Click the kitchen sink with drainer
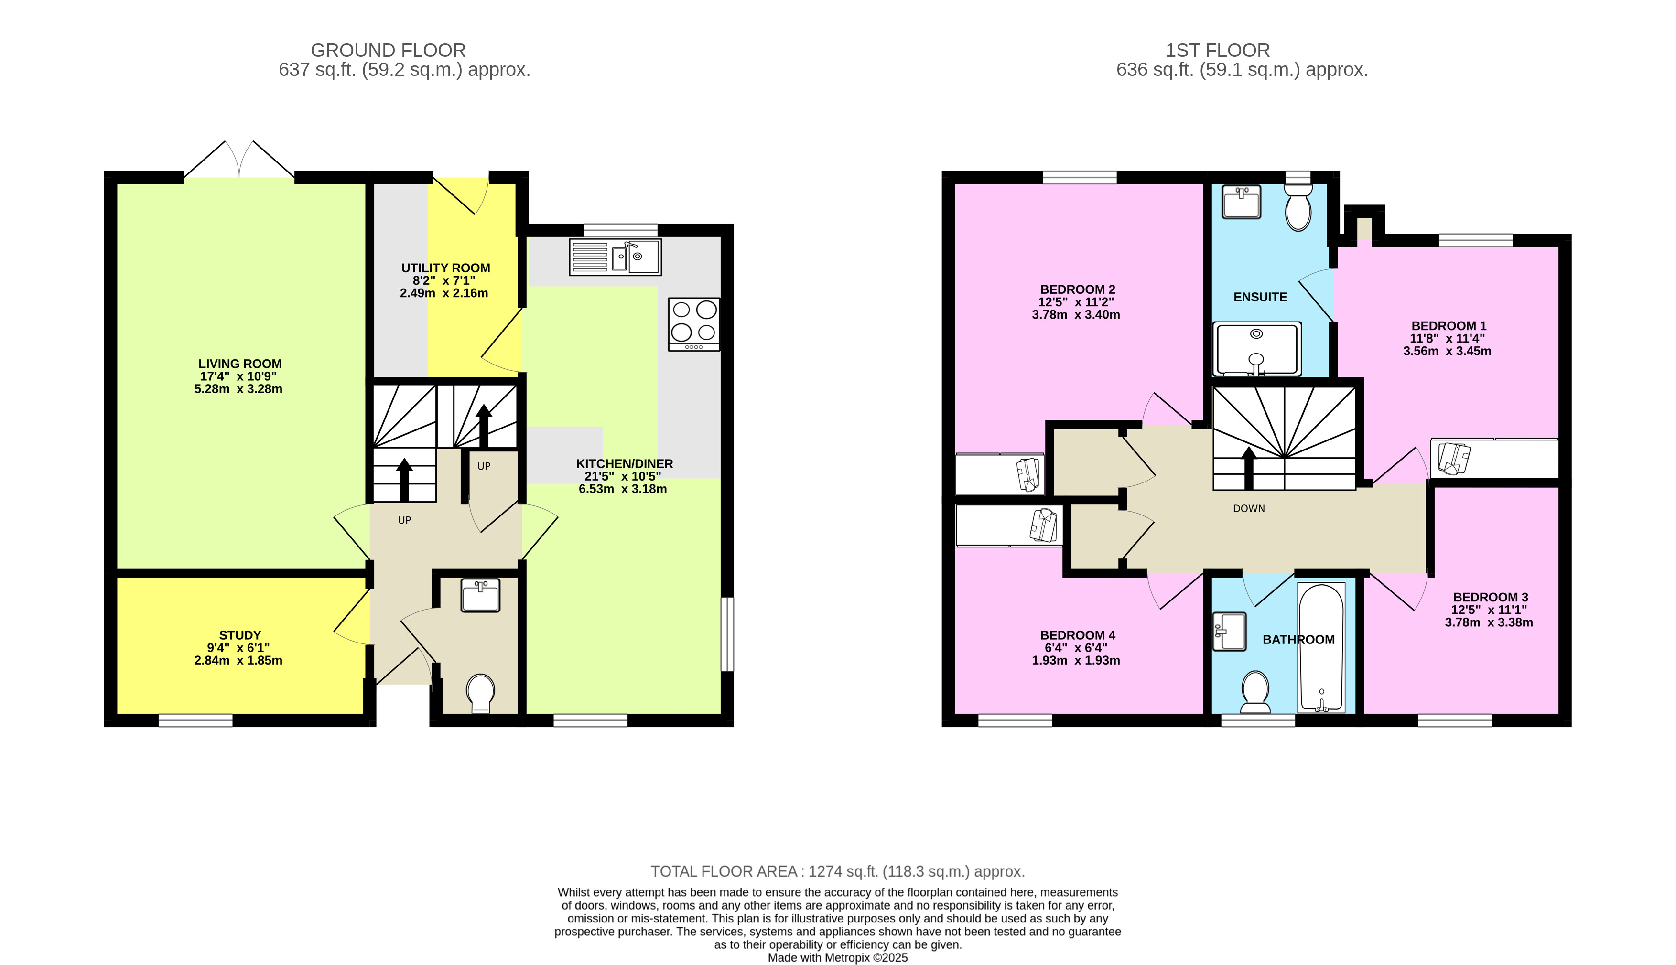click(615, 257)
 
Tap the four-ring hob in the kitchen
click(693, 324)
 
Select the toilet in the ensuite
click(1298, 207)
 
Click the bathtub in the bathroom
click(1321, 647)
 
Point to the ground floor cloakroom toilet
click(481, 693)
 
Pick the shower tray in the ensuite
click(1256, 349)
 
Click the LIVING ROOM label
click(240, 364)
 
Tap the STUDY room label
click(240, 635)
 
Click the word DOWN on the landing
click(1248, 509)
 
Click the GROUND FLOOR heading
click(388, 50)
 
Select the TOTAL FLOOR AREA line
click(837, 871)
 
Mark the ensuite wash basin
click(1241, 202)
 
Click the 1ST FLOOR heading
click(1217, 50)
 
